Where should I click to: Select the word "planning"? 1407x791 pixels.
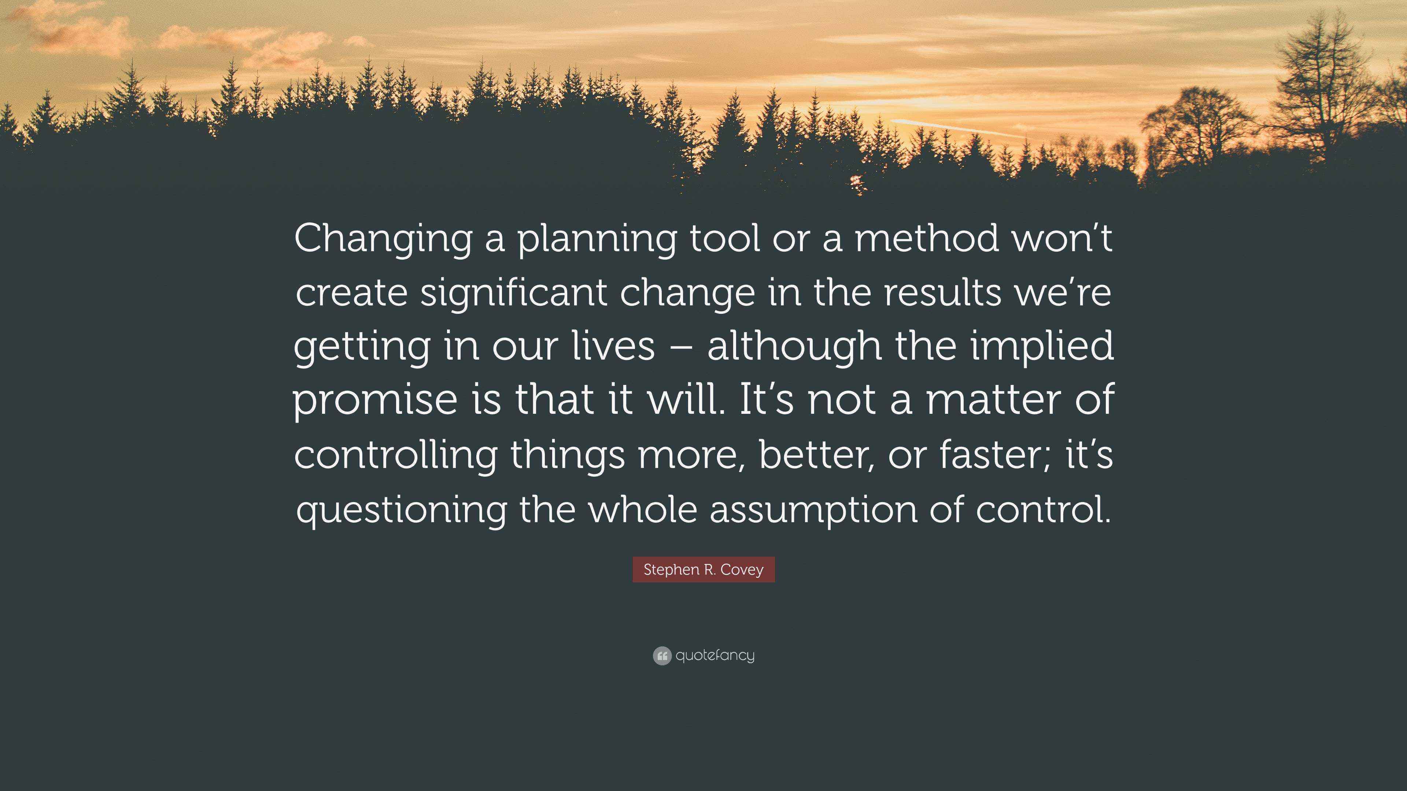(597, 239)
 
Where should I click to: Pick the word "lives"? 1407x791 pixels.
(613, 346)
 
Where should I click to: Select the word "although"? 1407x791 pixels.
(794, 346)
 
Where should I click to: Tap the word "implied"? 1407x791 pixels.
(1042, 346)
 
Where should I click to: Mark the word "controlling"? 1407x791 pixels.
(395, 454)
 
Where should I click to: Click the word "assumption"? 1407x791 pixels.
(813, 509)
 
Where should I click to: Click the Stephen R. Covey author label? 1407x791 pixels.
(703, 569)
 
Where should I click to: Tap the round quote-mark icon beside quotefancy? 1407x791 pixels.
(661, 656)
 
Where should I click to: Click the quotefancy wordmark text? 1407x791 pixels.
(715, 655)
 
